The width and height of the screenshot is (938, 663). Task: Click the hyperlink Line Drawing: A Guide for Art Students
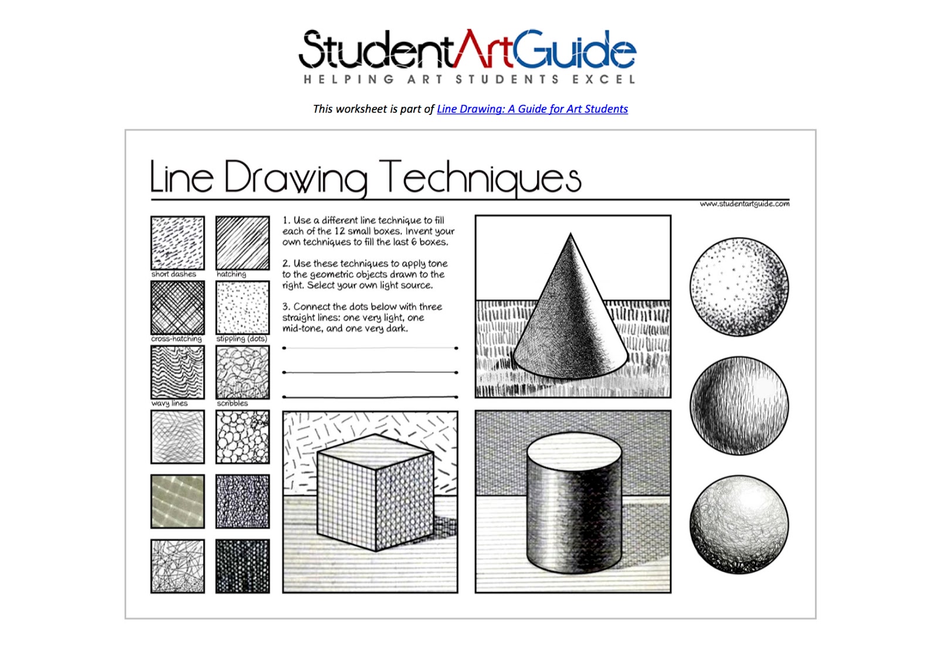coord(532,109)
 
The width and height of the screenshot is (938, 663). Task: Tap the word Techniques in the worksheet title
coord(480,177)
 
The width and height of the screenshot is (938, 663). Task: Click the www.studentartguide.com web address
coord(744,204)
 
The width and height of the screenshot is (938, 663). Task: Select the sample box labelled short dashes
coord(178,243)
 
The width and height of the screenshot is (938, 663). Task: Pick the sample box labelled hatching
coord(243,243)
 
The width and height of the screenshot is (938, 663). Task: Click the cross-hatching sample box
coord(178,307)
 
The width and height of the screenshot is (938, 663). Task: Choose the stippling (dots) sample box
coord(243,307)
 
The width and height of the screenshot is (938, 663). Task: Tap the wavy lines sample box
coord(178,372)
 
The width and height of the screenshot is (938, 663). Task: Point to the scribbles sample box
coord(243,372)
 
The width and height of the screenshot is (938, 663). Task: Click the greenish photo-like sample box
coord(178,501)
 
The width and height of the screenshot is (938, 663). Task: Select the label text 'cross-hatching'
coord(176,339)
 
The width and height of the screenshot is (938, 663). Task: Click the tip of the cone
coord(570,235)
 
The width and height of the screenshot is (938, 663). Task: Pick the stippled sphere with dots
coord(739,287)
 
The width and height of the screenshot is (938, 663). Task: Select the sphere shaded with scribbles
coord(739,524)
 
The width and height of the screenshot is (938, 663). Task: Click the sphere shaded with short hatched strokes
coord(739,406)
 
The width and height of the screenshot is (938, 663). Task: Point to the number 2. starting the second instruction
coord(286,264)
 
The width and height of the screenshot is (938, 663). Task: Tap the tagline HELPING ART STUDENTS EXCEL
coord(469,79)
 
